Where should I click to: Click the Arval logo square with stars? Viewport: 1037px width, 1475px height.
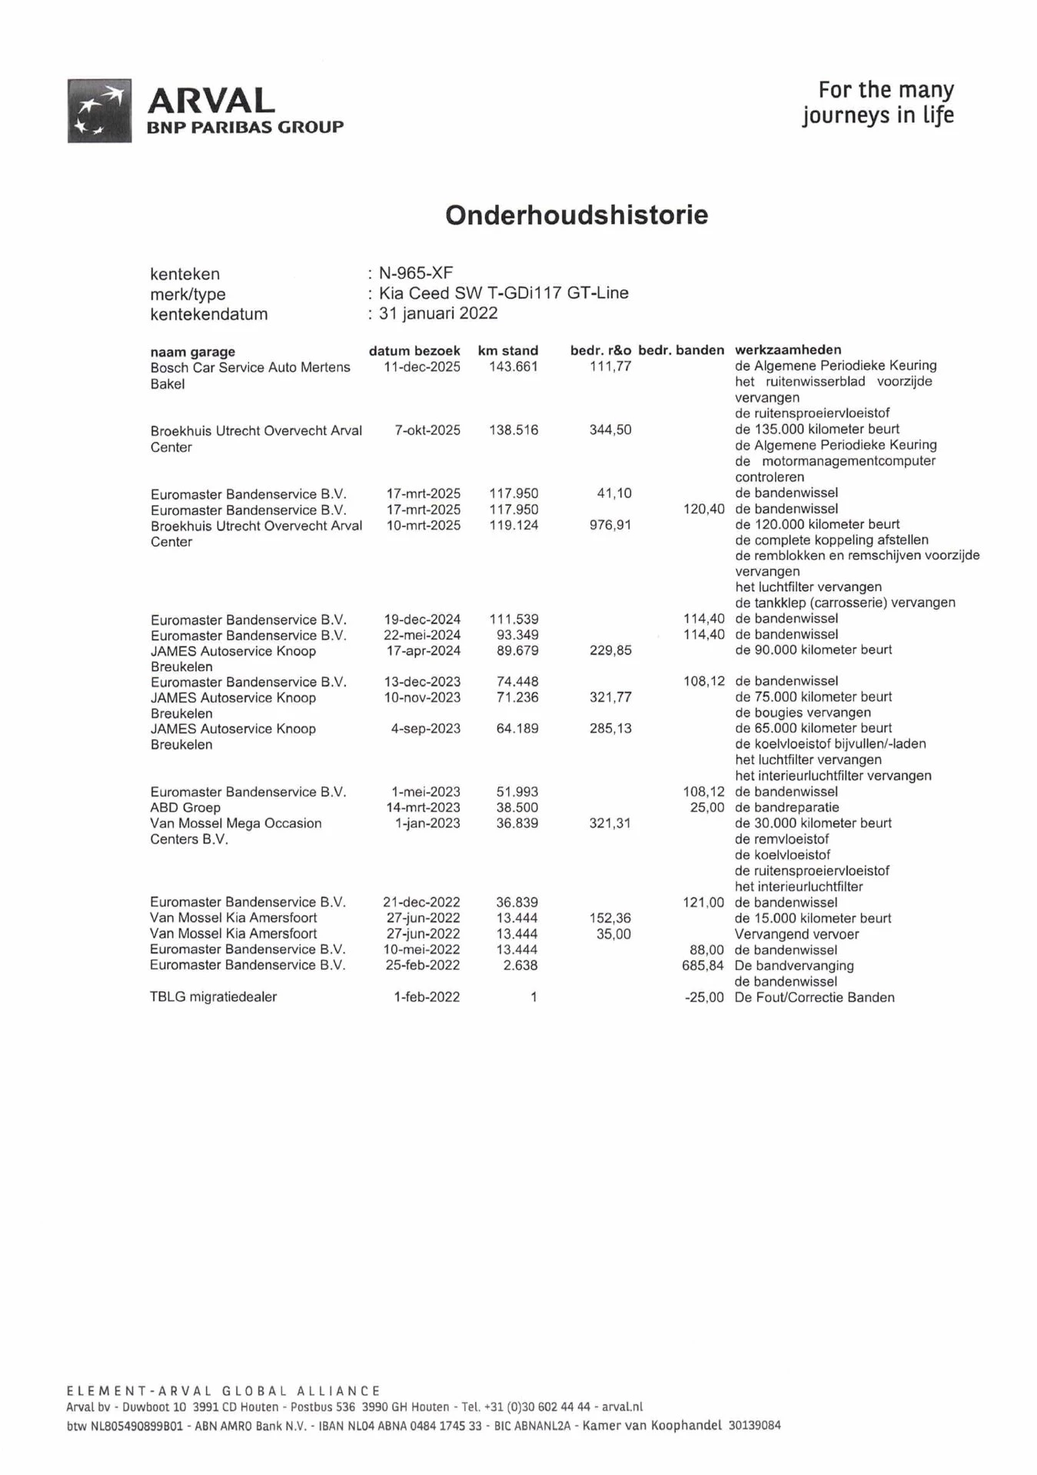(x=99, y=111)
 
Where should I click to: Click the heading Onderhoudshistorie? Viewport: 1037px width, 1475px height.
(x=577, y=215)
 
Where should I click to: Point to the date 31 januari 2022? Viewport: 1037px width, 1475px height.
(x=438, y=314)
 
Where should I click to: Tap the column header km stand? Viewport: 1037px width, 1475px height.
(x=508, y=350)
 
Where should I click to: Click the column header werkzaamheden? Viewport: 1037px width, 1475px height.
(x=788, y=350)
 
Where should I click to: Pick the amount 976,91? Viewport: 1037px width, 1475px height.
(x=610, y=526)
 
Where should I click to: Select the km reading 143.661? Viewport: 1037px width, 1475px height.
(x=514, y=367)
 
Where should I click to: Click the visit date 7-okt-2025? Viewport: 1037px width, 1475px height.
(x=427, y=430)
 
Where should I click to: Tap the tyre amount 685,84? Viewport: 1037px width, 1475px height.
(x=703, y=965)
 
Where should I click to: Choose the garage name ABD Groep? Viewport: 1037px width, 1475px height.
(x=185, y=808)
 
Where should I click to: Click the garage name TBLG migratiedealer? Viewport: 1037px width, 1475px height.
(x=213, y=997)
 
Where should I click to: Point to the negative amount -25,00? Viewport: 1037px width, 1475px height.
(x=704, y=998)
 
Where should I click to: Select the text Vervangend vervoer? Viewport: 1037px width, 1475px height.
(x=797, y=935)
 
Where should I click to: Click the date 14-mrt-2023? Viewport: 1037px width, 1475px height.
(x=423, y=808)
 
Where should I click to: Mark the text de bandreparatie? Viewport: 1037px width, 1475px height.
(x=787, y=808)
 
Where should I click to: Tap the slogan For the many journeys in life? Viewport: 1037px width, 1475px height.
(x=878, y=102)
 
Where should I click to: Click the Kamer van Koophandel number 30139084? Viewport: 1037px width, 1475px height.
(x=754, y=1426)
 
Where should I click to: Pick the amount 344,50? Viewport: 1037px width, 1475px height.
(x=610, y=430)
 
